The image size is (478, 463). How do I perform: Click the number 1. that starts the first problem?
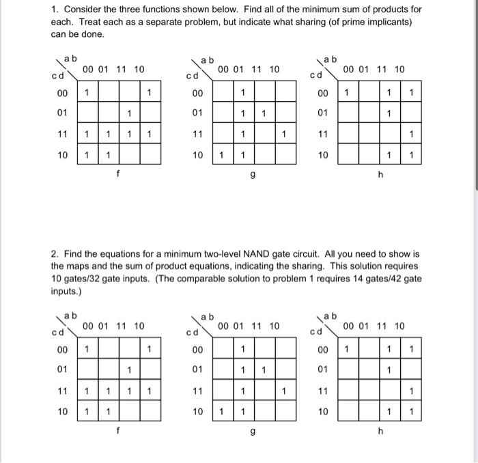click(x=55, y=10)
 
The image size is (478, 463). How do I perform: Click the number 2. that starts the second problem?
click(x=55, y=254)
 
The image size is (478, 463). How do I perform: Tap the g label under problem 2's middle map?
click(x=253, y=432)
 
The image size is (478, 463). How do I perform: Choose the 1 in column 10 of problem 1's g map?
click(x=285, y=134)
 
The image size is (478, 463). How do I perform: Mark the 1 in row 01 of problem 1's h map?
click(x=389, y=113)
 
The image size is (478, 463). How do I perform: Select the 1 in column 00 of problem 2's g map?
click(x=221, y=412)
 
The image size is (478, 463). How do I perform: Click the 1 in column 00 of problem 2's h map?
click(x=347, y=349)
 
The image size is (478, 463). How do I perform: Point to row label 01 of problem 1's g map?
click(x=198, y=113)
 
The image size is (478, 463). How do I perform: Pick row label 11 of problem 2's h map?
click(x=323, y=391)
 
